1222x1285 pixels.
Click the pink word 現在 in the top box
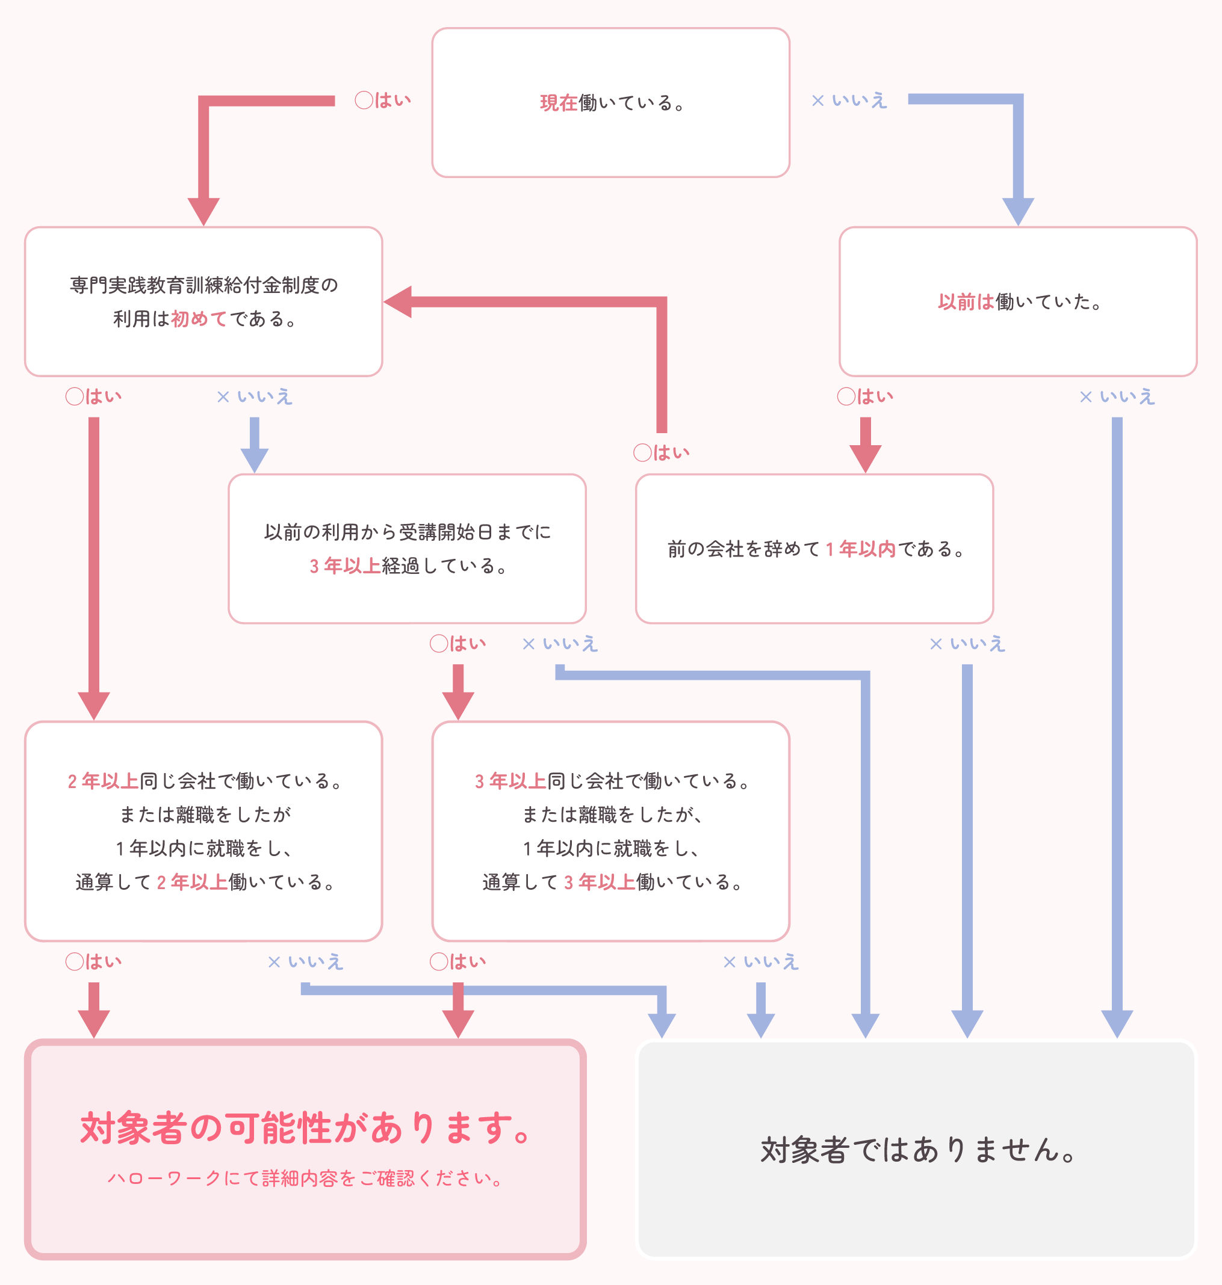(558, 103)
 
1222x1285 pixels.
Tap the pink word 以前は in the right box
(966, 301)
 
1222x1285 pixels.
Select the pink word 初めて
(199, 318)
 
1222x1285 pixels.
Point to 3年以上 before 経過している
(344, 565)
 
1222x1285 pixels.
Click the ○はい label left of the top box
(383, 100)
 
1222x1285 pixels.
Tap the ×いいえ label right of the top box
(849, 100)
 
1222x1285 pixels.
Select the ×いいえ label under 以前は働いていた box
(1117, 396)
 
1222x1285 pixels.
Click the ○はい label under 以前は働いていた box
(865, 396)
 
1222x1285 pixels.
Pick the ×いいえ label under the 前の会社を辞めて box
(967, 644)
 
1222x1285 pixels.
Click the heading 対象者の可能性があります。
(306, 1127)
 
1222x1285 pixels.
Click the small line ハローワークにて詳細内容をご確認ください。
(306, 1179)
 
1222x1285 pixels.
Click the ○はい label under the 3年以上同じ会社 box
(458, 961)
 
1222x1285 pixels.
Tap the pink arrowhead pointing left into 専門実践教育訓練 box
(398, 301)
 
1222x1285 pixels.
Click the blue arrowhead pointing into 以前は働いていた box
(1017, 211)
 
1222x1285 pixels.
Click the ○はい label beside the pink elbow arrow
(661, 452)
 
